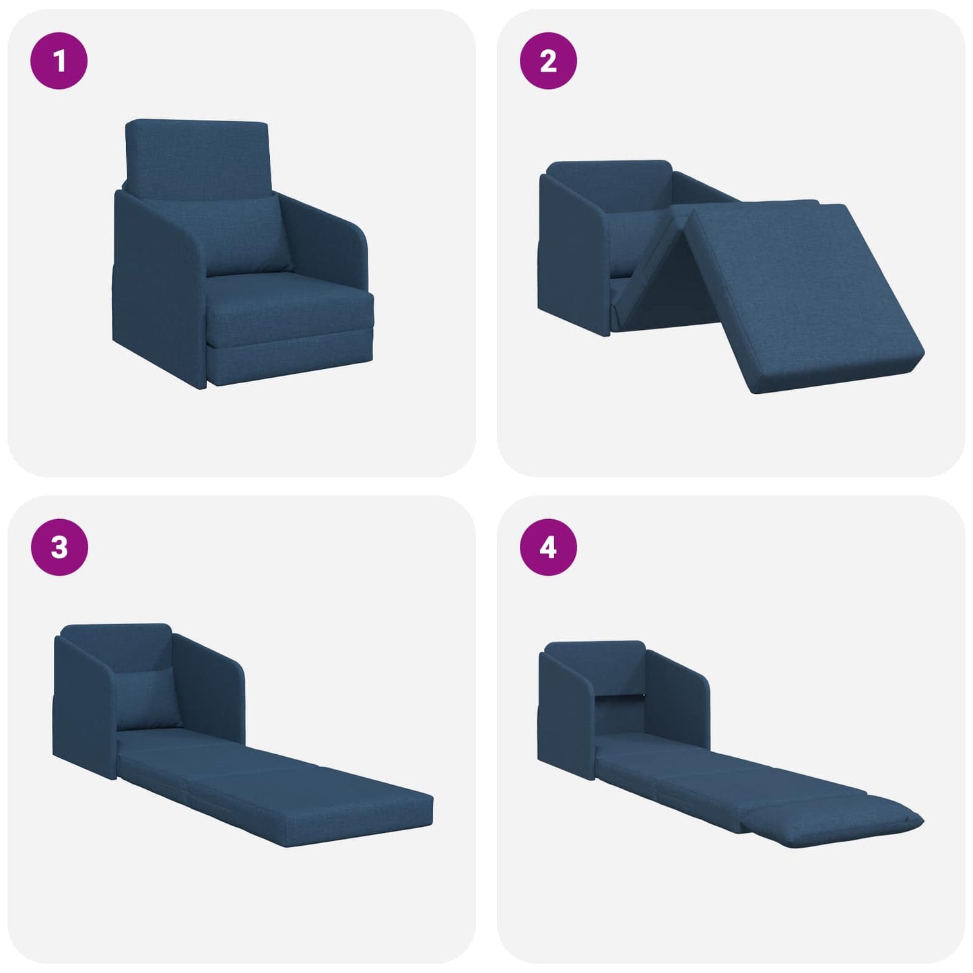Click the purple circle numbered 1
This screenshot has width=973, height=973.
tap(59, 61)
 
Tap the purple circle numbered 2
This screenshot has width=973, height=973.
tap(548, 61)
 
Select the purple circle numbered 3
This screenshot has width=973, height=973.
tap(59, 547)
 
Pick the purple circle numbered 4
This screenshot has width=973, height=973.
tap(548, 547)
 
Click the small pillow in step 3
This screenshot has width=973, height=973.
tap(148, 700)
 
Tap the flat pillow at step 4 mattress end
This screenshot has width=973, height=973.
tap(835, 821)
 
